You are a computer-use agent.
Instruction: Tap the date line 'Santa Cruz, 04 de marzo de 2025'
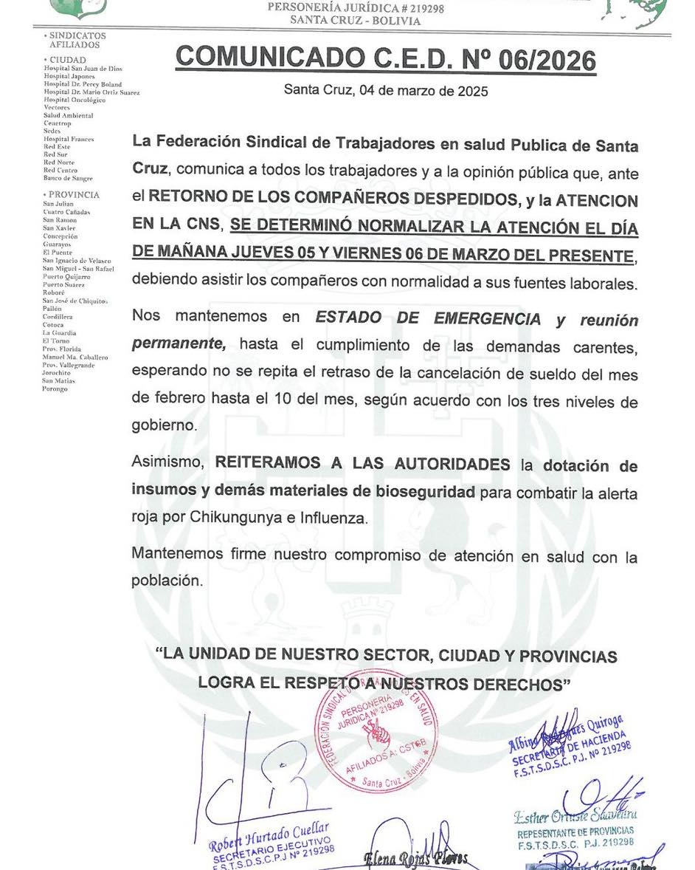[386, 92]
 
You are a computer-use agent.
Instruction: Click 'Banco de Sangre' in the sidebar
[68, 179]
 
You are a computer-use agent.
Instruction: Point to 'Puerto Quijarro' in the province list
[66, 277]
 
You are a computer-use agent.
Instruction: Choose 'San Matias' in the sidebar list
[58, 381]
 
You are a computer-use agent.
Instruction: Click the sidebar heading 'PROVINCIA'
[74, 195]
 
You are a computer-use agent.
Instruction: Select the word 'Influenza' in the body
[332, 518]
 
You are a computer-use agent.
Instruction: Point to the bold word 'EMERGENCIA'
[487, 318]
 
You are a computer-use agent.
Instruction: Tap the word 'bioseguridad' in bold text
[428, 492]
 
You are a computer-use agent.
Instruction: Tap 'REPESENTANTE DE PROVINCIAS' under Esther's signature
[575, 831]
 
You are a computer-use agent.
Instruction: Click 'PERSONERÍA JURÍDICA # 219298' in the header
[355, 7]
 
